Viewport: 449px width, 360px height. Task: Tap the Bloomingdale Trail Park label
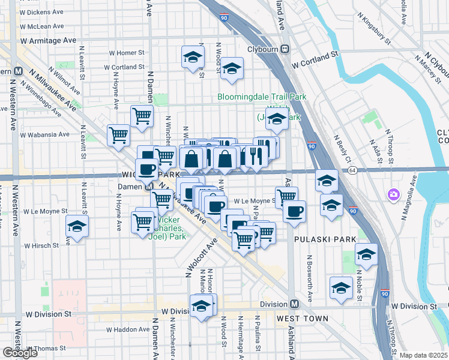click(262, 97)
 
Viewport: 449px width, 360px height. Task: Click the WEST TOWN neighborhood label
click(302, 319)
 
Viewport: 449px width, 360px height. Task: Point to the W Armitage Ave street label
click(48, 40)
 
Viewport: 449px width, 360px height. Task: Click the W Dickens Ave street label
click(43, 12)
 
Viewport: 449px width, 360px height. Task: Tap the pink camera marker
click(394, 194)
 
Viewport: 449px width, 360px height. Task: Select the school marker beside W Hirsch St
click(77, 226)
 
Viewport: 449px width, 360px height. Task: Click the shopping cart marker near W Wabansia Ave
click(118, 134)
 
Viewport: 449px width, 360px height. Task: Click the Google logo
click(20, 352)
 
